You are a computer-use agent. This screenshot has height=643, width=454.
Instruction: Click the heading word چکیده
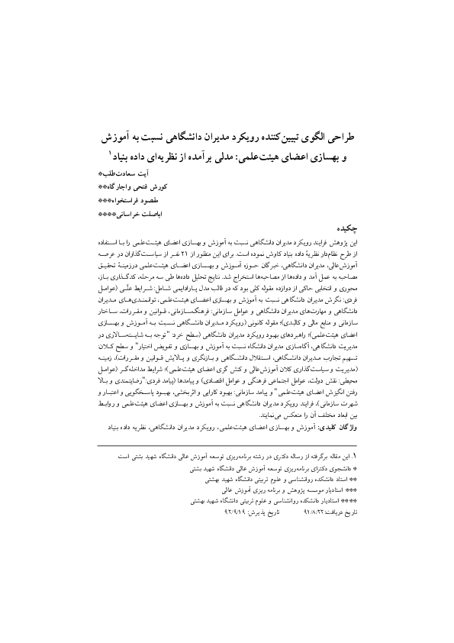click(346, 227)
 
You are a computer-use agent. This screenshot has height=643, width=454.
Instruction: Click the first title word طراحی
click(340, 141)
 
